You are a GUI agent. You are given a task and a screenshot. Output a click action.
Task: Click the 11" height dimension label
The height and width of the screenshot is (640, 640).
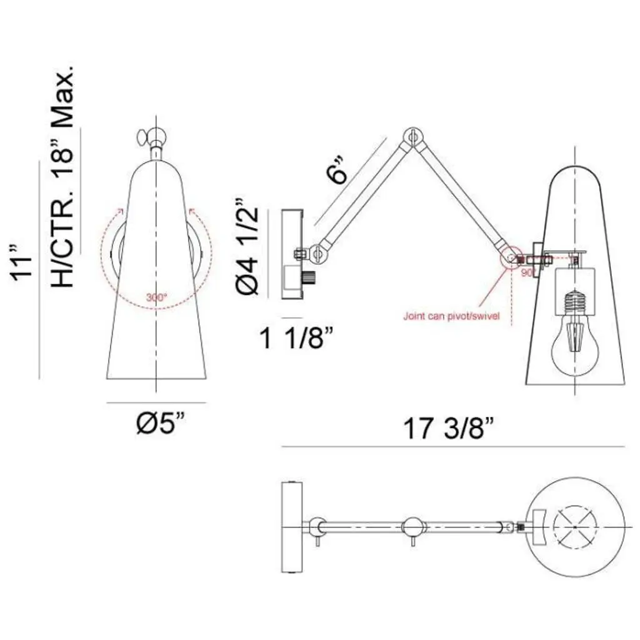21,263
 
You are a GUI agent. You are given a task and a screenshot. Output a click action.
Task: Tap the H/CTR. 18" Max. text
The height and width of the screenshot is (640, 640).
62,175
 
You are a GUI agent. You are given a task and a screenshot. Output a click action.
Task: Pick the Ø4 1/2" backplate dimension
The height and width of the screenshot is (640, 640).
247,246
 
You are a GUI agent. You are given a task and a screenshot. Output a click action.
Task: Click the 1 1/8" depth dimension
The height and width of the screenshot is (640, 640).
297,338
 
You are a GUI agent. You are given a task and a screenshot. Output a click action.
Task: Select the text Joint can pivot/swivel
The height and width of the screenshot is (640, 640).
451,316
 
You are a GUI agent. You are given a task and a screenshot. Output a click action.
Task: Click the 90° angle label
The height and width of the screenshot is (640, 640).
527,272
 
